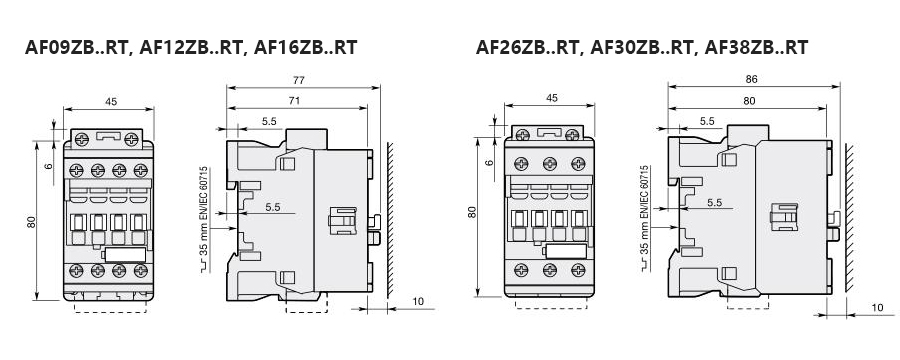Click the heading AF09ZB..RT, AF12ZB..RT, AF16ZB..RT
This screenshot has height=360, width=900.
(x=191, y=47)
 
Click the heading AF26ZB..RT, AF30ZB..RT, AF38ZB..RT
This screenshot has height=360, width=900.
(x=642, y=47)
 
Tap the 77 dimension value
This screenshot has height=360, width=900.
(x=298, y=80)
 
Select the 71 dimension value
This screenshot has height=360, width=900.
(x=294, y=100)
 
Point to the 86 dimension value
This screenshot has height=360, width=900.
(x=751, y=80)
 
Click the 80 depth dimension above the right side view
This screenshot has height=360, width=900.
(x=749, y=101)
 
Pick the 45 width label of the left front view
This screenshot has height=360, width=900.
(x=111, y=102)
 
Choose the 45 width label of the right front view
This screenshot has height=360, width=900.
(x=552, y=98)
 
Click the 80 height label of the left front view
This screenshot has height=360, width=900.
(x=32, y=222)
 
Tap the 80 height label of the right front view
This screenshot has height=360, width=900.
(x=472, y=212)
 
